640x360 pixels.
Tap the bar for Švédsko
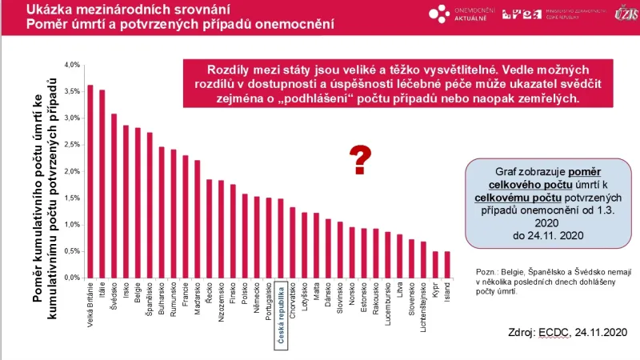pos(114,196)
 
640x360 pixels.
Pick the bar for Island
pos(446,265)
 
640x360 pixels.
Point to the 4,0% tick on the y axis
pos(71,65)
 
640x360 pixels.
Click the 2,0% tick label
pos(71,171)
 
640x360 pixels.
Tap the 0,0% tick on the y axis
pos(71,278)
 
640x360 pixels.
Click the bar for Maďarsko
pos(197,219)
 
